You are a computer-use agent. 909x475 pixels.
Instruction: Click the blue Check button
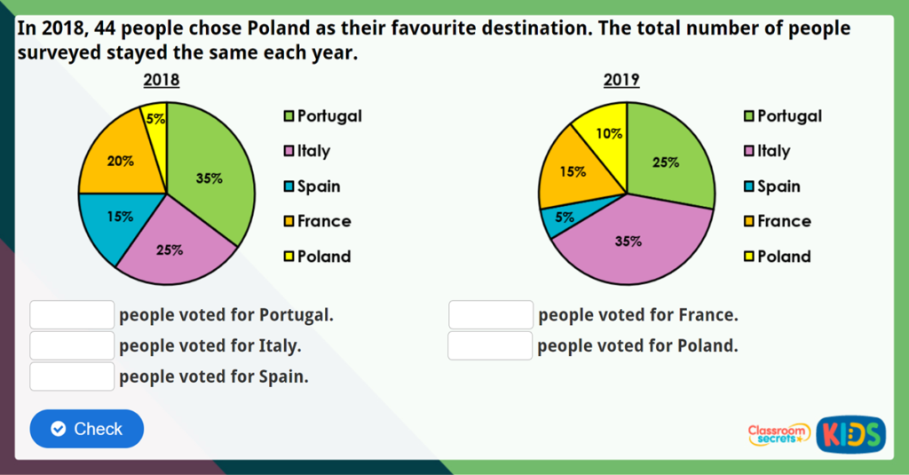pyautogui.click(x=86, y=429)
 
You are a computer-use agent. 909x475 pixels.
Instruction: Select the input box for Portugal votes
pyautogui.click(x=72, y=315)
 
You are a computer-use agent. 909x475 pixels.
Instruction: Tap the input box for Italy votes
pyautogui.click(x=72, y=345)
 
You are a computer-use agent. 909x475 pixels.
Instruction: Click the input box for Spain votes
pyautogui.click(x=72, y=376)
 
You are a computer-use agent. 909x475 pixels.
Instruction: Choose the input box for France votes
pyautogui.click(x=490, y=315)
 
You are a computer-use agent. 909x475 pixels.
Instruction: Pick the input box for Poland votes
pyautogui.click(x=490, y=345)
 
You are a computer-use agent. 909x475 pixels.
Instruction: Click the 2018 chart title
pyautogui.click(x=162, y=81)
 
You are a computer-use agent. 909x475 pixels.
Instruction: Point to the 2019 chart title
pyautogui.click(x=621, y=81)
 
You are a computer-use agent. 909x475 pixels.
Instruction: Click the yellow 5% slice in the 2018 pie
pyautogui.click(x=155, y=121)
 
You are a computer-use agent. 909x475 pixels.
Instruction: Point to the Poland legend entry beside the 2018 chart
pyautogui.click(x=317, y=257)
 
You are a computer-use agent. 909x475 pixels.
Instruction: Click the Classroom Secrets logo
pyautogui.click(x=779, y=434)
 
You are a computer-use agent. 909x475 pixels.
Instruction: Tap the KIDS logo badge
pyautogui.click(x=850, y=434)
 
